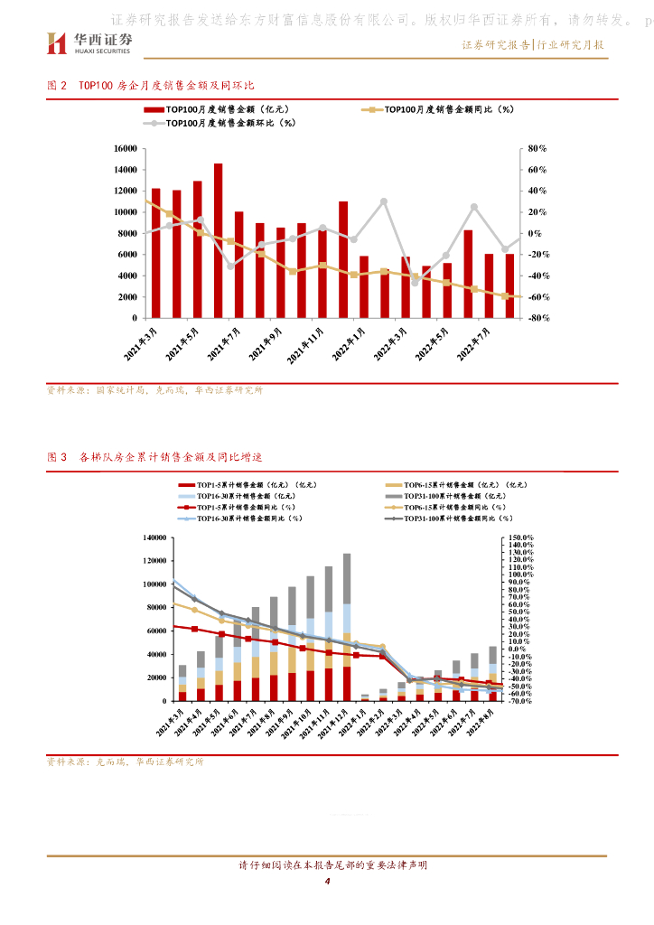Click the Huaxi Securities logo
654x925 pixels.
(89, 42)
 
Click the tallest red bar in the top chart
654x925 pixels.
(219, 240)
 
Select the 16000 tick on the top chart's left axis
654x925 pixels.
(126, 148)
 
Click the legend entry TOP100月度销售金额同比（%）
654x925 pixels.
(444, 109)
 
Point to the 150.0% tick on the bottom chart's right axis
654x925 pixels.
(521, 537)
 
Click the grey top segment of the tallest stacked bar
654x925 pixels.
(347, 578)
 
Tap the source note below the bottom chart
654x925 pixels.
(125, 761)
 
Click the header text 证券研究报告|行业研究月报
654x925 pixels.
(532, 45)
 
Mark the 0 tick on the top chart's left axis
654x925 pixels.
(135, 318)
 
